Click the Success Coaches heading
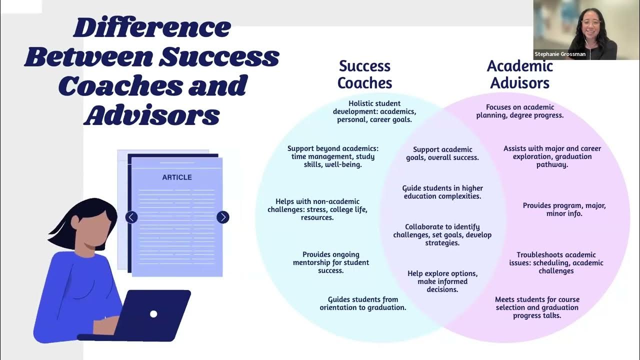[364, 74]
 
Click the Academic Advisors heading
[519, 74]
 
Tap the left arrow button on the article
[131, 217]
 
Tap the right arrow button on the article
[223, 217]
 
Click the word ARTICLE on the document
[177, 177]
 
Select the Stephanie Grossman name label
[559, 54]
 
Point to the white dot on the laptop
[153, 314]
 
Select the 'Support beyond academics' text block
[333, 156]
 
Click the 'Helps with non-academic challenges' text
[317, 209]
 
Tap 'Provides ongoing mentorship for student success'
[331, 262]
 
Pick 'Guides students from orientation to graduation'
[363, 303]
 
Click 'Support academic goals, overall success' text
[442, 153]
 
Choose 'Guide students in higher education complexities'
[442, 192]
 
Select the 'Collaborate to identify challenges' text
[442, 235]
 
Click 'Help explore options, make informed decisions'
[442, 281]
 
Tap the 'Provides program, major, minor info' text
[564, 209]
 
